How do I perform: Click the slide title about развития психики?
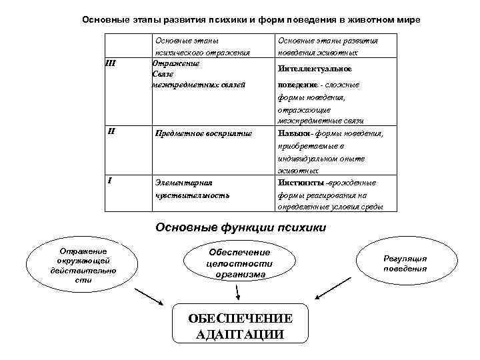tap(251, 19)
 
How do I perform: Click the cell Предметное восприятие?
tap(203, 133)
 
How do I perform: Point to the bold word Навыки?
tap(291, 133)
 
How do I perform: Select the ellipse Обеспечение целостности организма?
tap(239, 263)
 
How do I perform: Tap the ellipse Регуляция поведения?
tap(405, 263)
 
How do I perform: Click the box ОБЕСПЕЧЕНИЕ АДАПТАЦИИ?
tap(240, 326)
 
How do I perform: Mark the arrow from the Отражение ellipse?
tap(149, 298)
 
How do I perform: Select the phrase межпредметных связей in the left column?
tap(199, 85)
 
